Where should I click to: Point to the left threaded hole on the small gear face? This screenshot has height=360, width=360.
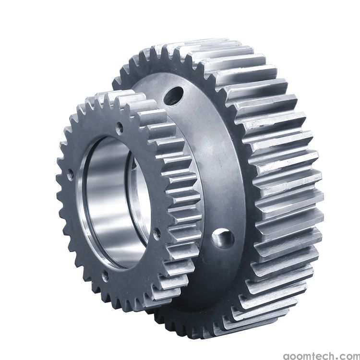pyautogui.click(x=71, y=175)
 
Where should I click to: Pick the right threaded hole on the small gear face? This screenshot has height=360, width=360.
pyautogui.click(x=157, y=234)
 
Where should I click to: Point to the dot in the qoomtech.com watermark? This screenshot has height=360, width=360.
pyautogui.click(x=336, y=357)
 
